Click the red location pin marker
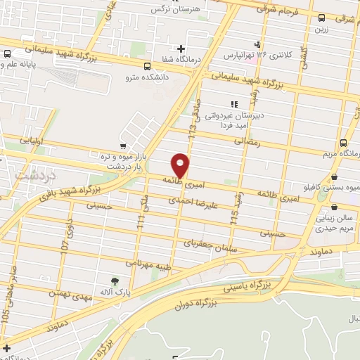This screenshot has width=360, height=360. tap(181, 165)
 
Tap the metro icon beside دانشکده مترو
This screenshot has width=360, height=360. tap(147, 65)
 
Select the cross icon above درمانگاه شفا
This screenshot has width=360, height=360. tap(181, 49)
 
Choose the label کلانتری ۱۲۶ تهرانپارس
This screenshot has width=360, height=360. tap(247, 55)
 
